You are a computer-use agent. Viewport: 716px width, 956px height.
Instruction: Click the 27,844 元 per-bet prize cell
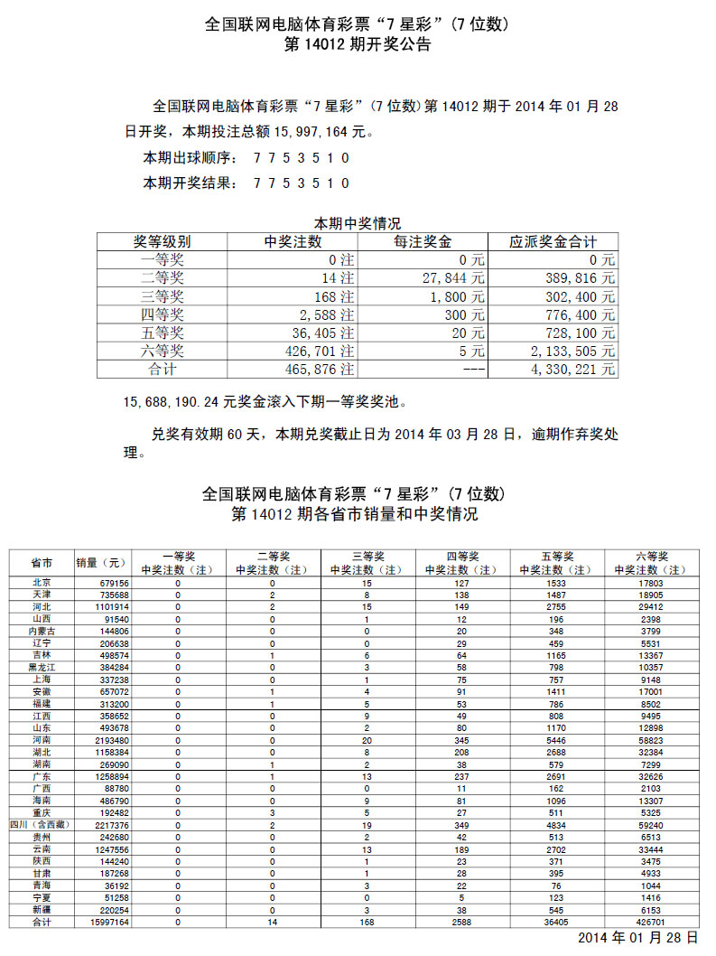pyautogui.click(x=453, y=278)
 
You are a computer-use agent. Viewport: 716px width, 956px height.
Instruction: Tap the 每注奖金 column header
pyautogui.click(x=423, y=242)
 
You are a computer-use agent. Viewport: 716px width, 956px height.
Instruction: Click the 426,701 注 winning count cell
pyautogui.click(x=320, y=351)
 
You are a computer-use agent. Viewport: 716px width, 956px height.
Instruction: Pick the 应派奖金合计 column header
pyautogui.click(x=553, y=242)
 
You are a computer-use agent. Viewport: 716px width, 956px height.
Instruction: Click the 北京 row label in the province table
pyautogui.click(x=41, y=583)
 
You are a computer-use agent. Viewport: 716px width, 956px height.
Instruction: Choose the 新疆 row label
pyautogui.click(x=41, y=910)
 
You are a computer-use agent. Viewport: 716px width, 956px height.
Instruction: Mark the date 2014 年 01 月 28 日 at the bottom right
pyautogui.click(x=637, y=939)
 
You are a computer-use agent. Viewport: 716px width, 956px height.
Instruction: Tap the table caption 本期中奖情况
pyautogui.click(x=357, y=222)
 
